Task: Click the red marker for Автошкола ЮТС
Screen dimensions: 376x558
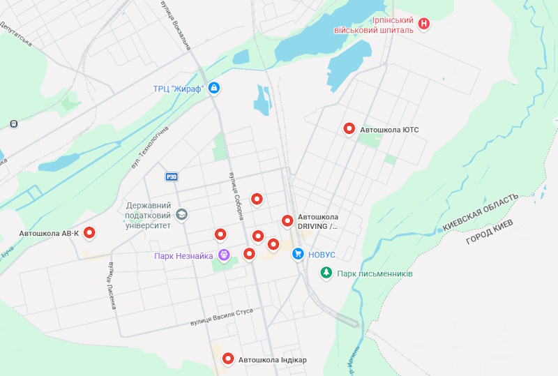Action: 349,128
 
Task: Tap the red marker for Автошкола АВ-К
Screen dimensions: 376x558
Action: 89,233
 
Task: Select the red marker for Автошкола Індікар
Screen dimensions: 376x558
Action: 227,359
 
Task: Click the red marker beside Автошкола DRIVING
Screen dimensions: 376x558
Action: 287,220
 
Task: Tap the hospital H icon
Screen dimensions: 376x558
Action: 423,24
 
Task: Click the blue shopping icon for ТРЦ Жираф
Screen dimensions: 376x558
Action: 214,88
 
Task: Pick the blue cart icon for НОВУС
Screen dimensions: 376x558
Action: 298,255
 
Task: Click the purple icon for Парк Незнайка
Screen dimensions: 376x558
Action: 224,256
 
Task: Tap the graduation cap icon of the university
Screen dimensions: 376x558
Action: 182,214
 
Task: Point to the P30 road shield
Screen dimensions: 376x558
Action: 172,176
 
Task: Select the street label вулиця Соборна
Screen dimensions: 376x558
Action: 235,195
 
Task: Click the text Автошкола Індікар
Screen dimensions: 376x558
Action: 273,360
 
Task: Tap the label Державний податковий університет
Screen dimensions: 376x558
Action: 149,215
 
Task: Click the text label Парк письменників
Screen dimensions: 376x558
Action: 375,273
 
